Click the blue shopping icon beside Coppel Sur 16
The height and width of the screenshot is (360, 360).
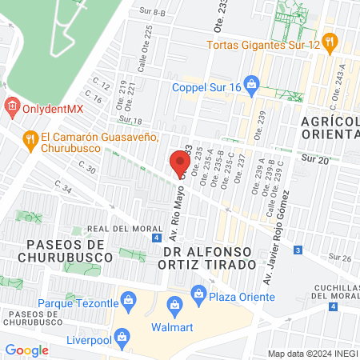[x=251, y=82]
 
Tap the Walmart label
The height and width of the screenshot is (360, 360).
[x=172, y=326]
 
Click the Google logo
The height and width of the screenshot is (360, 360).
[x=26, y=350]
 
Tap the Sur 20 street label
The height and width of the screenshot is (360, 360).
[x=314, y=160]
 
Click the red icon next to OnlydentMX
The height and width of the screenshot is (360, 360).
[x=11, y=106]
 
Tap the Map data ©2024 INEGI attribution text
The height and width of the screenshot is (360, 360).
[x=312, y=354]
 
